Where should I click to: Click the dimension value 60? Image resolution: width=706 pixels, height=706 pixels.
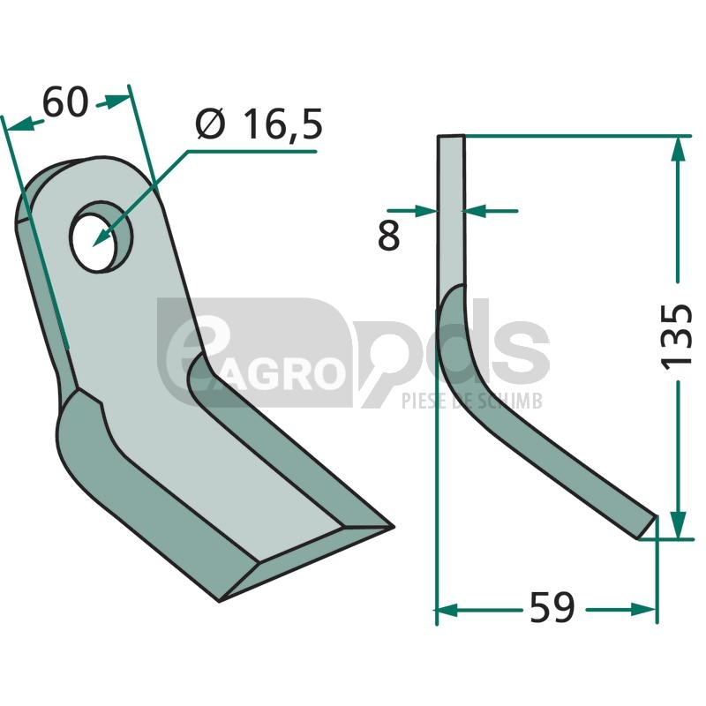(64, 102)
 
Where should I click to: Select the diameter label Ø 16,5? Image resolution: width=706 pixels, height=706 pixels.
(259, 124)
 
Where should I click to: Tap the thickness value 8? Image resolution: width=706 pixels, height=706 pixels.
(388, 236)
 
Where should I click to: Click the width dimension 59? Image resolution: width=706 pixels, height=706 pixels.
(552, 607)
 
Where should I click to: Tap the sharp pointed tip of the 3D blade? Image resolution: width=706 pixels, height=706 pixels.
(393, 526)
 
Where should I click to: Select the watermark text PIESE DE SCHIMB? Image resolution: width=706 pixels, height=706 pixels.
(472, 401)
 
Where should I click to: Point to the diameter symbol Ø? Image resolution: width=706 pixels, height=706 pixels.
(210, 124)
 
